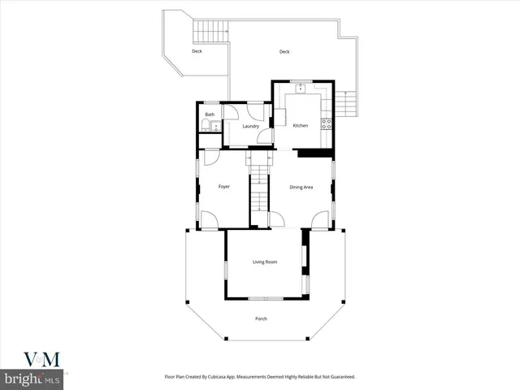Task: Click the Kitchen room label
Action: point(301,126)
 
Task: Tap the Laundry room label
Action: point(250,126)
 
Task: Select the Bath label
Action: point(210,115)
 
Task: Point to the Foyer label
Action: point(224,187)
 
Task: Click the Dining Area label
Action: point(301,188)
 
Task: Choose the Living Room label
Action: point(265,262)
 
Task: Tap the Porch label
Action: point(261,318)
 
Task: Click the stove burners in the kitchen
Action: point(327,124)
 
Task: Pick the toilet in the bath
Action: point(206,126)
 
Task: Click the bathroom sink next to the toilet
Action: point(215,124)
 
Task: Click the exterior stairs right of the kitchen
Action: point(347,104)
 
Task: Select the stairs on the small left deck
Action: point(203,32)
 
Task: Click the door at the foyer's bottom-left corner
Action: point(208,220)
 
